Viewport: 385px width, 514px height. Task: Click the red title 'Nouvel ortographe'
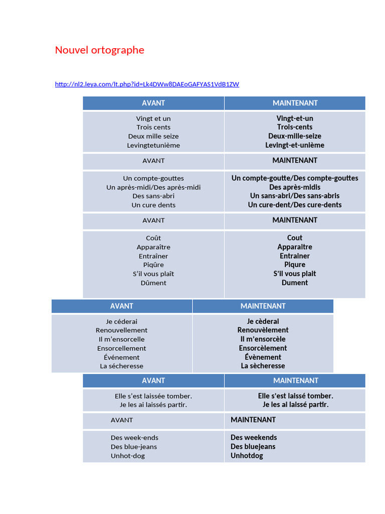100,50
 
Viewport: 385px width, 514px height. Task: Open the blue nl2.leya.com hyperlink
147,84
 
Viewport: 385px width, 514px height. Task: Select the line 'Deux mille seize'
153,137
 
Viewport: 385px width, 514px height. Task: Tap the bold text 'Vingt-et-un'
295,118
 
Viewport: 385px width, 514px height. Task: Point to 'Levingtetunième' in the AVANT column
153,145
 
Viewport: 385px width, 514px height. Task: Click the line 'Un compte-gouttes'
153,178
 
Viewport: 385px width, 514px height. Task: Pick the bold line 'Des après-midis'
295,187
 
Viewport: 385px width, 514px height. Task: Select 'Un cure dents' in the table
153,205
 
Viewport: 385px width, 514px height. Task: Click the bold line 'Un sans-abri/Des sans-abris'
295,196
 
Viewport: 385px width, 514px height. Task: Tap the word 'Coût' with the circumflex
153,238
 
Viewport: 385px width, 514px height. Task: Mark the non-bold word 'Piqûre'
153,265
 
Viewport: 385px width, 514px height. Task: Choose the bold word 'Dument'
295,283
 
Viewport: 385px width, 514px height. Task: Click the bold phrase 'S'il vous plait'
295,274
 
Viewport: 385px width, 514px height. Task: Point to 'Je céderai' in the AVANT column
121,322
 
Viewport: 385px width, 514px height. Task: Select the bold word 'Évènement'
263,357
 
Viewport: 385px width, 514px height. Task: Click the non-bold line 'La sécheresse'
121,366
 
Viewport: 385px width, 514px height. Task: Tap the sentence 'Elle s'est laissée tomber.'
153,396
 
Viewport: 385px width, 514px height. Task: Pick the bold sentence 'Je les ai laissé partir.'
295,405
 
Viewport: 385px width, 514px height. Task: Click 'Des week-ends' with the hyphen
134,438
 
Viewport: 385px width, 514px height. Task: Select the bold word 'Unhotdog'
247,456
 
